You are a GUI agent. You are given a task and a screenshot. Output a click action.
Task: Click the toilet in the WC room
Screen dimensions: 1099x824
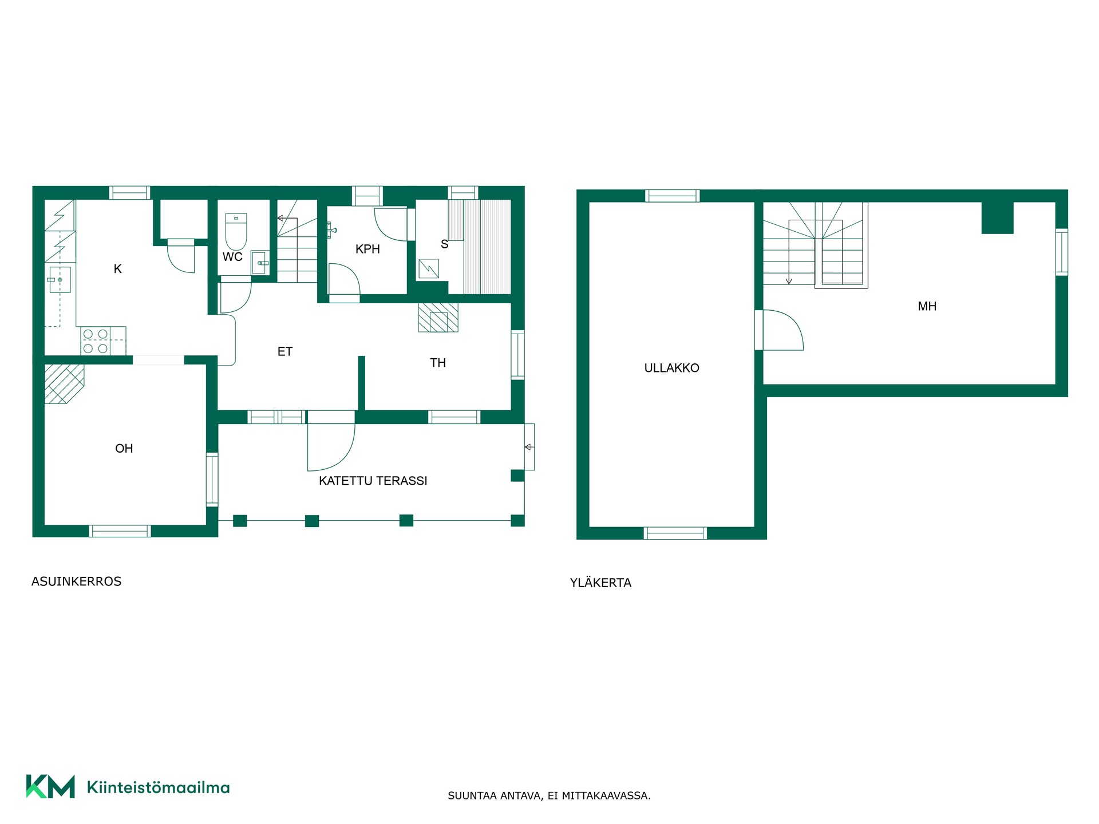point(236,231)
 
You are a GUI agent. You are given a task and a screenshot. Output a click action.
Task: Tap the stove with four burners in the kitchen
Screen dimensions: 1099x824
point(96,341)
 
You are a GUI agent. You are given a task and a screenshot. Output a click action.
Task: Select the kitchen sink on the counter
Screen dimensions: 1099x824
point(60,280)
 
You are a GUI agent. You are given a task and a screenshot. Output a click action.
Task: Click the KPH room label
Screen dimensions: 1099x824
point(367,249)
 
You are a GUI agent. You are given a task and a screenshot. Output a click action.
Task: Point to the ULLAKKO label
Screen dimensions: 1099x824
point(671,368)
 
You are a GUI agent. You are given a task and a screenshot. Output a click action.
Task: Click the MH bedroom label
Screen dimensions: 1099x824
point(927,306)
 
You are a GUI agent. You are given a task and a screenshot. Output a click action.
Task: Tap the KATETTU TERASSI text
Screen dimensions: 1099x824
point(373,481)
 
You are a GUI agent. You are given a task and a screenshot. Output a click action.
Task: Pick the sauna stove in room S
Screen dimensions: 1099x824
point(429,268)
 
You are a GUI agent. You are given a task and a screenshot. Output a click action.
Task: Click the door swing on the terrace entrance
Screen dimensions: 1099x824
point(331,447)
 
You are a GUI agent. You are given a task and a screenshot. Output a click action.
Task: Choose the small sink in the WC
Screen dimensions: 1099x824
point(259,263)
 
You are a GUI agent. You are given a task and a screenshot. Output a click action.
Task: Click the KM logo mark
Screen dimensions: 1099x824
point(50,786)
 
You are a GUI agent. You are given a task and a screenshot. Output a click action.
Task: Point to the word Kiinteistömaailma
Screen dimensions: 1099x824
point(158,787)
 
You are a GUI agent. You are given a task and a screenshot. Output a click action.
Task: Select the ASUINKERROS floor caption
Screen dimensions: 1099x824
point(76,581)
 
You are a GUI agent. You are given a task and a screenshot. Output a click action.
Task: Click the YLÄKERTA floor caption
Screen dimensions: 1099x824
point(600,583)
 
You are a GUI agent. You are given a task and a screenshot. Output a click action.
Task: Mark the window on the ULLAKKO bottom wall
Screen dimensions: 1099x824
point(675,533)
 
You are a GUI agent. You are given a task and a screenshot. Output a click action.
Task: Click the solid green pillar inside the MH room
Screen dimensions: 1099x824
point(998,218)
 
